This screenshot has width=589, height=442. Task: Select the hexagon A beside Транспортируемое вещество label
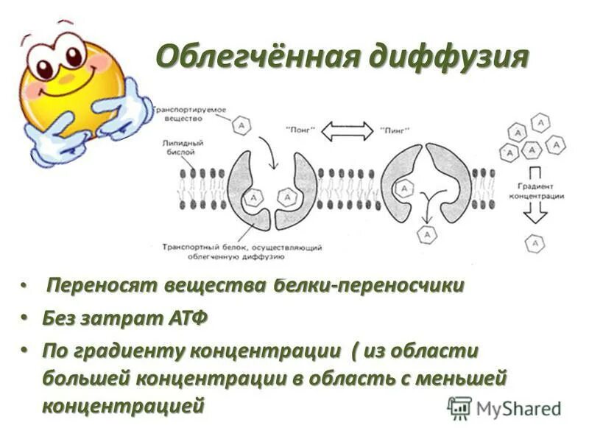(x=242, y=126)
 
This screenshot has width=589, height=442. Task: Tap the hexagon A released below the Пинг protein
(x=425, y=235)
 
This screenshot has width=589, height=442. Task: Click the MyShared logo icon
(x=460, y=407)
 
